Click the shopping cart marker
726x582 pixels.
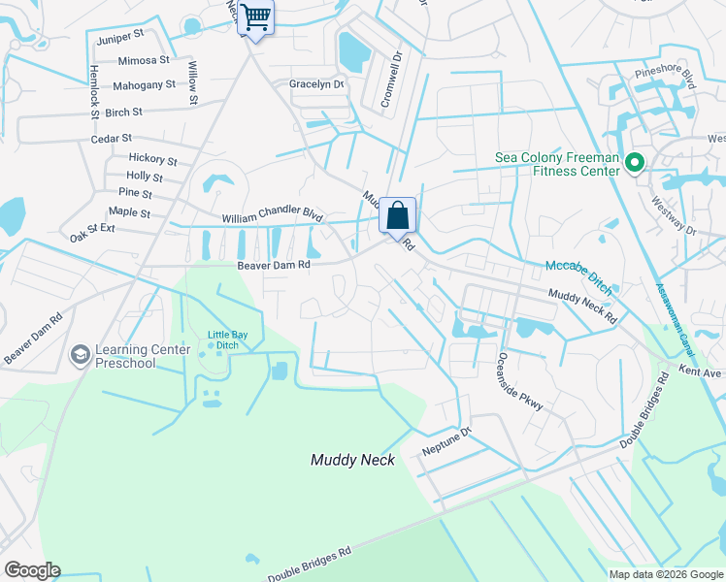pyautogui.click(x=255, y=16)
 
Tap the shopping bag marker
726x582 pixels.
pyautogui.click(x=398, y=215)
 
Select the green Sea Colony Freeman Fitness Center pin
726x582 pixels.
pyautogui.click(x=635, y=162)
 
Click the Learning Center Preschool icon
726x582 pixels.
pyautogui.click(x=79, y=356)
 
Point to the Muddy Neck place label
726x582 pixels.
pyautogui.click(x=352, y=460)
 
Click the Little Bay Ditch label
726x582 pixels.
pyautogui.click(x=222, y=339)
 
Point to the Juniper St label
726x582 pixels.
pyautogui.click(x=120, y=42)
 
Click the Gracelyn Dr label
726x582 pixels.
pyautogui.click(x=317, y=84)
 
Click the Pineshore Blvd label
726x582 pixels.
pyautogui.click(x=666, y=77)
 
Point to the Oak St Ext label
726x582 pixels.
pyautogui.click(x=92, y=232)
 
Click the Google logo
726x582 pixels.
pyautogui.click(x=32, y=570)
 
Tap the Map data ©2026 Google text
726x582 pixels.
pyautogui.click(x=666, y=574)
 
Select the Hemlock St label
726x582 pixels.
pyautogui.click(x=95, y=93)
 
